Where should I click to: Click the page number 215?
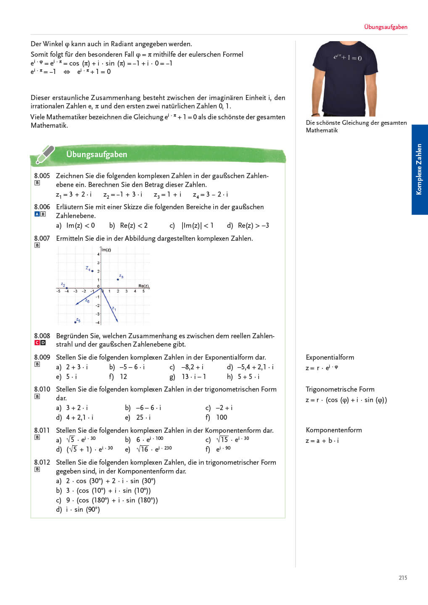(x=403, y=578)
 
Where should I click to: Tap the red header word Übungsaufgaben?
(x=386, y=27)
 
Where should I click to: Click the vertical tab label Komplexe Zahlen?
(x=419, y=169)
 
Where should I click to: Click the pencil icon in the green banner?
(x=45, y=154)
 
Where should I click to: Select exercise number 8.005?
(x=42, y=176)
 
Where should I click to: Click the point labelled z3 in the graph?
(x=118, y=279)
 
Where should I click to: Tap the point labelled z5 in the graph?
(x=75, y=322)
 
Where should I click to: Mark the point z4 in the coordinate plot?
(x=92, y=271)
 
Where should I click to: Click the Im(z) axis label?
(x=106, y=250)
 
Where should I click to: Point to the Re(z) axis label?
(x=144, y=286)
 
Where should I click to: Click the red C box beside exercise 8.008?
(x=37, y=343)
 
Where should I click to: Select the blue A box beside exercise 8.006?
(x=37, y=214)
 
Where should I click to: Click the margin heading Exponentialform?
(x=330, y=357)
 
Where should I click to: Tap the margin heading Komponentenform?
(x=333, y=430)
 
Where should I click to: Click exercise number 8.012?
(x=42, y=462)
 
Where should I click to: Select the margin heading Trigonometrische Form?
(x=340, y=389)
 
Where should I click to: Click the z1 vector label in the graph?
(x=114, y=309)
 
